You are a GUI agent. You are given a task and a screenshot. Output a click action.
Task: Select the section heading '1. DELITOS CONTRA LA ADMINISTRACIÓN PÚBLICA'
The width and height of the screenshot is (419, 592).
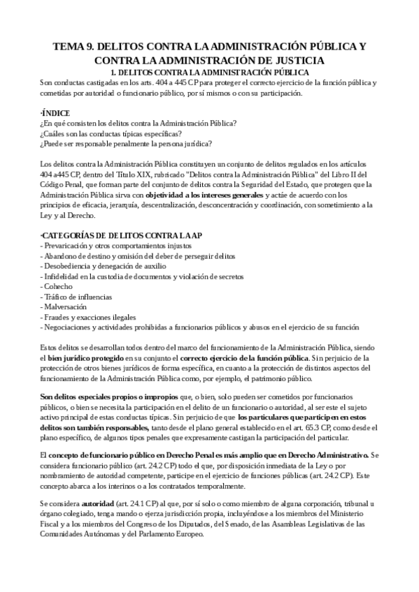tap(210, 72)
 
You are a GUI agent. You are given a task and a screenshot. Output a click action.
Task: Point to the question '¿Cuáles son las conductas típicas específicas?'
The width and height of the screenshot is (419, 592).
tap(111, 133)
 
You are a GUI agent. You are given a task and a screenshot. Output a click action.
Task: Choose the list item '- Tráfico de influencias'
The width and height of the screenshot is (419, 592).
tap(80, 297)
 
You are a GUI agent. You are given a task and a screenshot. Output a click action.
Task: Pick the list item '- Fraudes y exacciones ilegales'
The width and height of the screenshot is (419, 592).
tap(89, 317)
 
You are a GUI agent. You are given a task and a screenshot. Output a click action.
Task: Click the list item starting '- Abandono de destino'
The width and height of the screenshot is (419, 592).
tap(131, 256)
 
